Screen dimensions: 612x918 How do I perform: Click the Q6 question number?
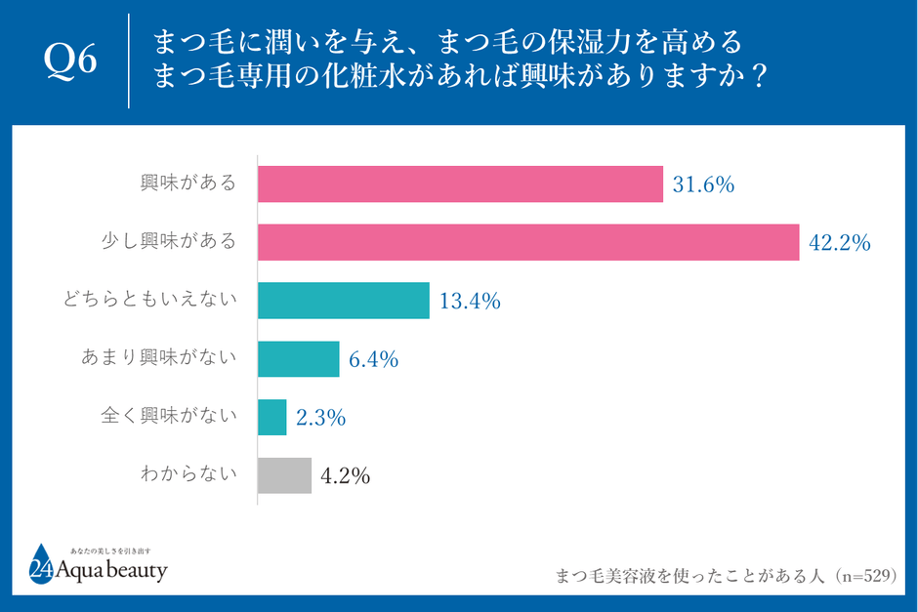pyautogui.click(x=72, y=61)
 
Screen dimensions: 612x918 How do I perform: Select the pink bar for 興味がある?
pyautogui.click(x=460, y=184)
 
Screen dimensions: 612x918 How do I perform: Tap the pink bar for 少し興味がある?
pyautogui.click(x=528, y=242)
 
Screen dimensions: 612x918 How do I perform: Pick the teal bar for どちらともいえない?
pyautogui.click(x=344, y=301)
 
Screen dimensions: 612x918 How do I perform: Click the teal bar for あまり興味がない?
pyautogui.click(x=298, y=358)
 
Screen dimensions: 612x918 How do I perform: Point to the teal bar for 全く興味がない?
pyautogui.click(x=271, y=417)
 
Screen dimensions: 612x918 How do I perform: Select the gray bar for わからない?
pyautogui.click(x=284, y=475)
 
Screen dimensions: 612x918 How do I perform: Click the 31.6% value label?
pyautogui.click(x=702, y=184)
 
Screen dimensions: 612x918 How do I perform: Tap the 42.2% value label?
pyautogui.click(x=839, y=243)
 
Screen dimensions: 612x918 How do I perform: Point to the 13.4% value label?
pyautogui.click(x=469, y=302)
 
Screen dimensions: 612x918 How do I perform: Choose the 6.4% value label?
pyautogui.click(x=373, y=359)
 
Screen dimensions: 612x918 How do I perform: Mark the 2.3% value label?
pyautogui.click(x=320, y=418)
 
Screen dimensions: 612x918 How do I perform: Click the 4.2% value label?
pyautogui.click(x=345, y=476)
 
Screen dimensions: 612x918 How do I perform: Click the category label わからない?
pyautogui.click(x=188, y=474)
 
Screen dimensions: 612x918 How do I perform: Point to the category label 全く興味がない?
pyautogui.click(x=170, y=416)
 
